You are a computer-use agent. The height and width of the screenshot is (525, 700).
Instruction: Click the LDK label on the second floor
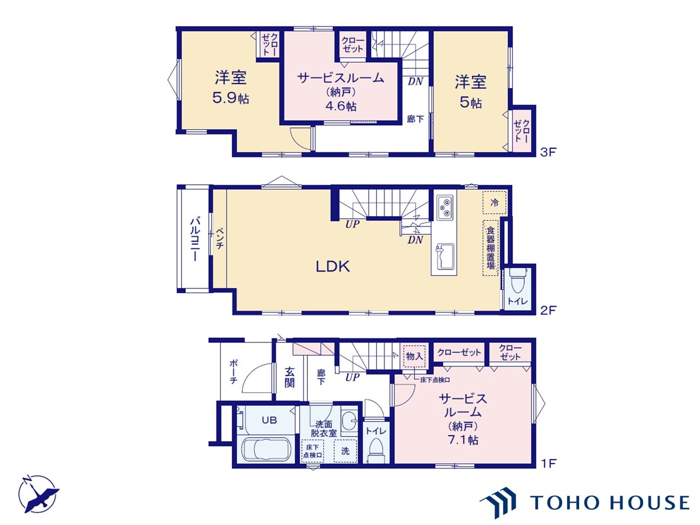click(x=332, y=266)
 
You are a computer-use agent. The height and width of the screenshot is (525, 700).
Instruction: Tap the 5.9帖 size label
click(x=231, y=98)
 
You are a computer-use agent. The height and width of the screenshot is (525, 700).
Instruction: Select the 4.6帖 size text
click(x=341, y=106)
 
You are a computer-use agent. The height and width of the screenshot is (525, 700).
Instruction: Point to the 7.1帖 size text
click(x=463, y=440)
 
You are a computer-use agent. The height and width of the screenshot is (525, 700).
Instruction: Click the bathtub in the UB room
click(x=266, y=449)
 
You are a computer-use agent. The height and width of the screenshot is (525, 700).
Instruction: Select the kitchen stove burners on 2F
click(x=445, y=207)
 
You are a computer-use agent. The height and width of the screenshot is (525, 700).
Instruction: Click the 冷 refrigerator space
click(x=494, y=202)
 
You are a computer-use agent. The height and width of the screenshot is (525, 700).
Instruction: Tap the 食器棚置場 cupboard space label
click(x=491, y=248)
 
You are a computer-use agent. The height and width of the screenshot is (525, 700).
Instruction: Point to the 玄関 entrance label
click(x=289, y=377)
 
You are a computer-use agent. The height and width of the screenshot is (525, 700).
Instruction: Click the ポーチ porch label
click(x=233, y=372)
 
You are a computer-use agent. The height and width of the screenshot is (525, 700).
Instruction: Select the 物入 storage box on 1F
click(x=415, y=356)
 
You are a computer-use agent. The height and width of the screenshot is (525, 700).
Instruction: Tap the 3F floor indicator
click(x=548, y=153)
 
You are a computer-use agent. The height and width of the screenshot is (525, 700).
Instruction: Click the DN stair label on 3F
click(x=416, y=82)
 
